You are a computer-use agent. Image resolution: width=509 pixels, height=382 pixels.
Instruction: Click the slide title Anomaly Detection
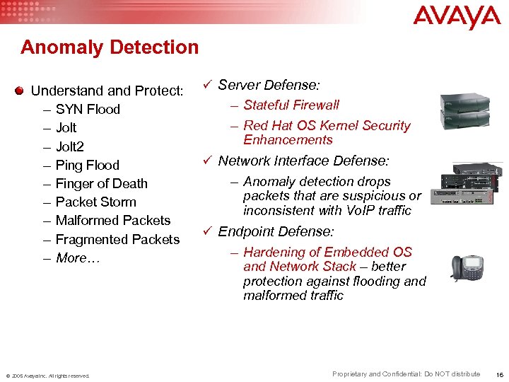[x=110, y=47]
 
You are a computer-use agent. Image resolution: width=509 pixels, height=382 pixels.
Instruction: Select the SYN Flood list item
[x=88, y=109]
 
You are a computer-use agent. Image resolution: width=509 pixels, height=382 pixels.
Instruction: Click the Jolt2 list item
[x=69, y=146]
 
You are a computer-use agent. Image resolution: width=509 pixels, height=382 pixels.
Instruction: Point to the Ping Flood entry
[x=87, y=165]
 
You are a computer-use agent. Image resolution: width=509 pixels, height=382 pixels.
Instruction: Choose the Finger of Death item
[x=101, y=183]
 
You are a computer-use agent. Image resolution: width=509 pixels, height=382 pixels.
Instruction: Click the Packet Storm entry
[x=95, y=202]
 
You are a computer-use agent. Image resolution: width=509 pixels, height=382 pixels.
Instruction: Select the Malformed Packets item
[x=112, y=220]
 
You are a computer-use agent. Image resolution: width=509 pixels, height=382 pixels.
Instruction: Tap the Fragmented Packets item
[x=117, y=239]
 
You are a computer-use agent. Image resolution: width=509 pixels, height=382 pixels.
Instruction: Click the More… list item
[x=78, y=257]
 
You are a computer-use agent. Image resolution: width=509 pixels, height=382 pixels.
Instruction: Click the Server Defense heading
[x=269, y=85]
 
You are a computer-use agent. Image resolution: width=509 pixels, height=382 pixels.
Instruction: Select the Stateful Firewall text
[x=291, y=105]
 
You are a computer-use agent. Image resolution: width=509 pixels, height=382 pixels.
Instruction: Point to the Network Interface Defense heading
[x=303, y=161]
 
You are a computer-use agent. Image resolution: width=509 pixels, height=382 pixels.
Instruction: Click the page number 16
[x=500, y=374]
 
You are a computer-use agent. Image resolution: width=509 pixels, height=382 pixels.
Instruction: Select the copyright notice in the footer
[x=48, y=376]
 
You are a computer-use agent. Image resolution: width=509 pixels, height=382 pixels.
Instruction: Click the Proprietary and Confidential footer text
[x=406, y=374]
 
